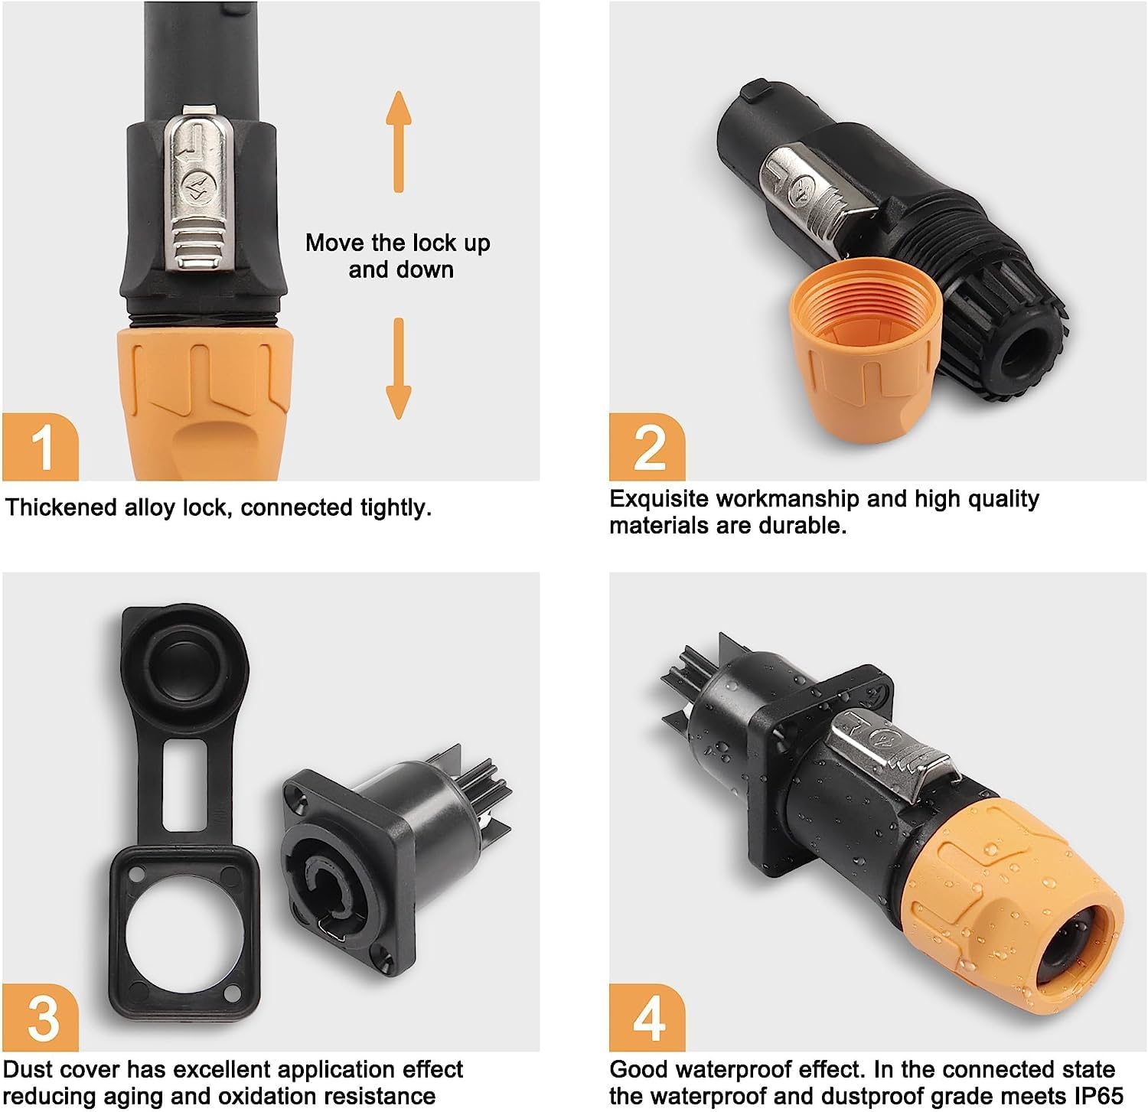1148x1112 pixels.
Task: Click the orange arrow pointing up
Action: coord(398,142)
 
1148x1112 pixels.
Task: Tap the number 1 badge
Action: coord(41,446)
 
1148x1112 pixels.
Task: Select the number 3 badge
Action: coord(41,1018)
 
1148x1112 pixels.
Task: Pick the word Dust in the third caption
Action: coord(29,1070)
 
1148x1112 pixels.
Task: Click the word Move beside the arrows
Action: coord(335,243)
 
